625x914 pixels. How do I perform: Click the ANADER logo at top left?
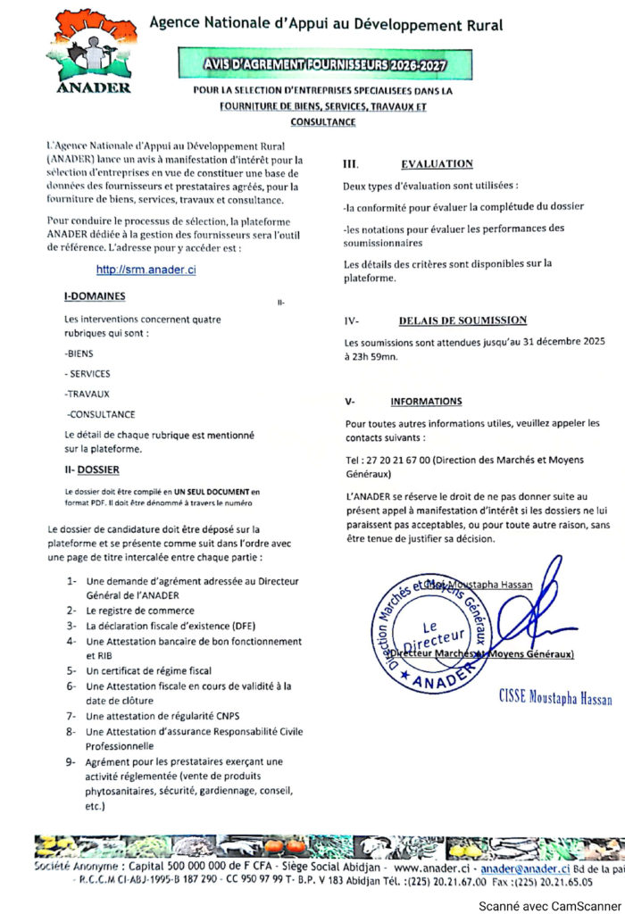pos(93,52)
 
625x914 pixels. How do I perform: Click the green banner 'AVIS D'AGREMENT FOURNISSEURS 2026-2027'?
pos(324,64)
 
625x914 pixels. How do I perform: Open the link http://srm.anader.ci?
pos(146,270)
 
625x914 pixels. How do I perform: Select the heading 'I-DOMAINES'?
pos(95,296)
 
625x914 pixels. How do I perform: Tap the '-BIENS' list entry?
pos(79,353)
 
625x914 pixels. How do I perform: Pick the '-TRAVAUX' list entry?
pos(87,394)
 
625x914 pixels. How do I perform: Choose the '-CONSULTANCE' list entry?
pos(101,414)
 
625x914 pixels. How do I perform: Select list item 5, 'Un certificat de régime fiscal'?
pos(148,670)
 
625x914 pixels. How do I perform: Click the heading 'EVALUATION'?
pos(437,164)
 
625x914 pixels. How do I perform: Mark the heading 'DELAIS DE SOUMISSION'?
pos(462,320)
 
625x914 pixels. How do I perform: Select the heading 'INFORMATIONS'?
pos(426,402)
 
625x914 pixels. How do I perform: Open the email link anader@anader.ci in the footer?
pos(524,868)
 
